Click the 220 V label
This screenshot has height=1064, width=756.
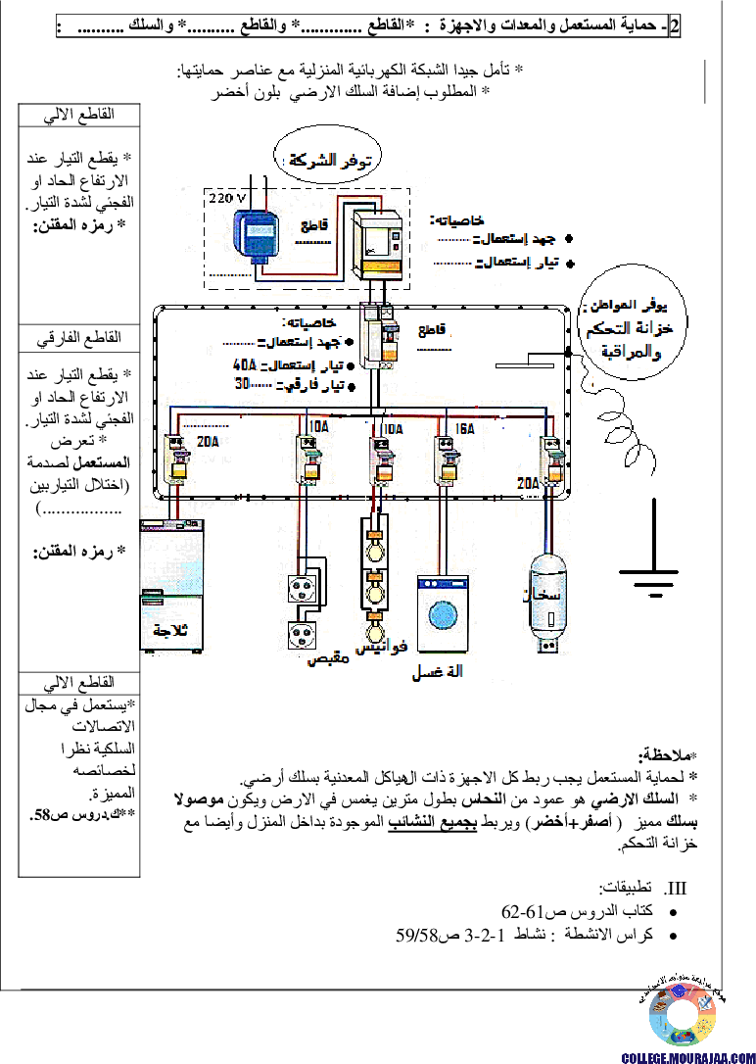[x=227, y=197]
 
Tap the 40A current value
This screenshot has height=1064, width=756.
[x=242, y=364]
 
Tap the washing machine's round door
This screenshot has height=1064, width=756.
[x=443, y=613]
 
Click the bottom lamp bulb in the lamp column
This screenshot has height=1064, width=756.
[x=374, y=627]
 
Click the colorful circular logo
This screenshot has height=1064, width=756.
[x=683, y=1014]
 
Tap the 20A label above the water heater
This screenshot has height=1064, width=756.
[x=529, y=482]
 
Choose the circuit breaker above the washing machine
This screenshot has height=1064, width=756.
[x=448, y=459]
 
